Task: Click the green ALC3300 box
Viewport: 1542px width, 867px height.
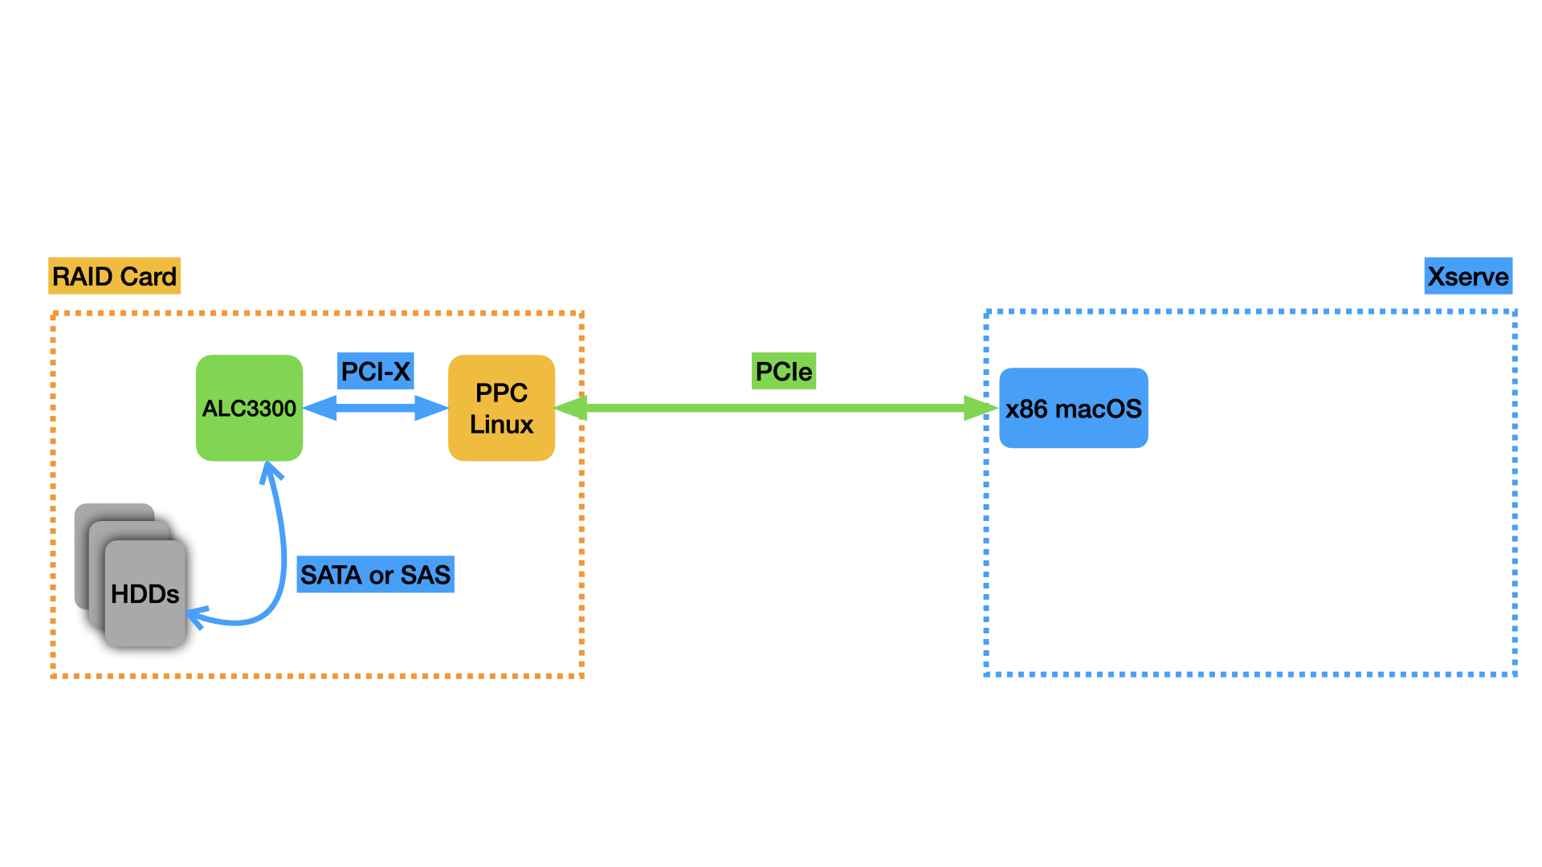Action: tap(249, 408)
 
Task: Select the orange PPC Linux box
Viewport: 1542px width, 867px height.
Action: tap(501, 408)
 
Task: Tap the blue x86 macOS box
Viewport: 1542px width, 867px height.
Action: tap(1073, 408)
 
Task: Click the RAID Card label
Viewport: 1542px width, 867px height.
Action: tap(114, 276)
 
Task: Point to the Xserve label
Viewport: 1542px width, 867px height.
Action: tap(1467, 276)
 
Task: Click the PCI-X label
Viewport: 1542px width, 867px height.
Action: tap(375, 371)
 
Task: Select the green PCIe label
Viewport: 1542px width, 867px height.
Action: tap(783, 371)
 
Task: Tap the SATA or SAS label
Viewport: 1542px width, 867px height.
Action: tap(375, 575)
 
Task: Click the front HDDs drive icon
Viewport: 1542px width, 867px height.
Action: tap(145, 594)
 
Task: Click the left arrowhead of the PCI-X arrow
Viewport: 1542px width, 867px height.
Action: tap(320, 408)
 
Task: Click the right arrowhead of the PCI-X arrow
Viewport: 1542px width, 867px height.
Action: tap(431, 408)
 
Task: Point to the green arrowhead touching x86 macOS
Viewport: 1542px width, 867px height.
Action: tap(980, 408)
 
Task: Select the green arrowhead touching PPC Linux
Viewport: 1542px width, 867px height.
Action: tap(571, 408)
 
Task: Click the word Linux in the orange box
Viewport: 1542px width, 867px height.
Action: tap(501, 424)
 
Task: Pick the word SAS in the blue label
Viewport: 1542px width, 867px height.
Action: tap(425, 575)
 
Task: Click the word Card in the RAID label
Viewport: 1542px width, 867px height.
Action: tap(149, 276)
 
